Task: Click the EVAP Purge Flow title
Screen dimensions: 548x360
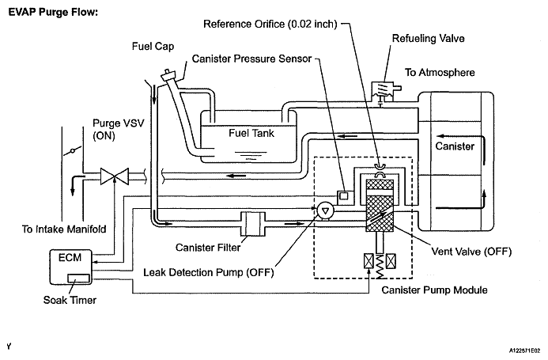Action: point(53,12)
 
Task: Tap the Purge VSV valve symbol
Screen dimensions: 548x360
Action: point(115,176)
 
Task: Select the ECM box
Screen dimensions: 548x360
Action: point(70,267)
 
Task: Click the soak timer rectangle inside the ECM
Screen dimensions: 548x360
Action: point(78,279)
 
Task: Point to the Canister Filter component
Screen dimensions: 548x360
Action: point(253,224)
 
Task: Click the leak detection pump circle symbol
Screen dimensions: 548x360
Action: point(325,210)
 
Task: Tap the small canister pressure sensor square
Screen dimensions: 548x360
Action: point(344,196)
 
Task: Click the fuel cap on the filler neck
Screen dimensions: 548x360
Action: point(170,75)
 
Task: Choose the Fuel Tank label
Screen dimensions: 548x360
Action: point(251,133)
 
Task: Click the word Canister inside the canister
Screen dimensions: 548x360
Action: point(455,146)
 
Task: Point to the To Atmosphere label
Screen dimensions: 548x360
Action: point(440,73)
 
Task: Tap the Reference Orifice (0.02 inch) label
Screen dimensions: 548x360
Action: point(270,25)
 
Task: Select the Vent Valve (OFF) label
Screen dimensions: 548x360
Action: point(471,252)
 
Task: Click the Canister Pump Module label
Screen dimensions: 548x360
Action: point(434,290)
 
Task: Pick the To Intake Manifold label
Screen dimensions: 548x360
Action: point(64,229)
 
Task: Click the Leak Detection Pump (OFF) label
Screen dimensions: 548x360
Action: point(208,272)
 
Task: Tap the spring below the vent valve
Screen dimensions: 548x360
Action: point(380,267)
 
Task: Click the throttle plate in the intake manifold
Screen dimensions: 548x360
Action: point(72,151)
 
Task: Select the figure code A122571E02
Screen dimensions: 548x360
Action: point(524,351)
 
